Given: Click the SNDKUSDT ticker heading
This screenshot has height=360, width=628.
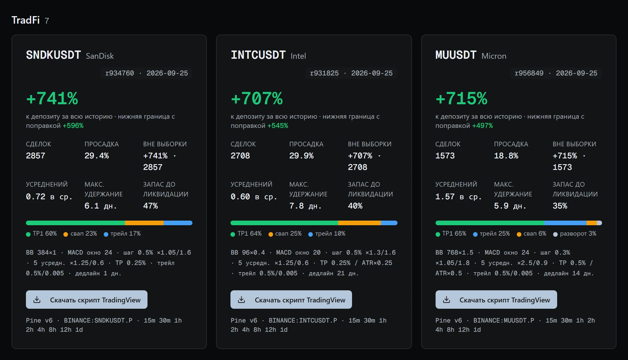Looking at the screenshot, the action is coord(53,55).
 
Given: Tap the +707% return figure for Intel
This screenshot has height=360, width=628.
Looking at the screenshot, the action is coord(257,98).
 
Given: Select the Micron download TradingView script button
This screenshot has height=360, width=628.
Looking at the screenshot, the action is coord(496,300).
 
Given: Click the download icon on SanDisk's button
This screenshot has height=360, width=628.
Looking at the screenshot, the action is coord(37,300).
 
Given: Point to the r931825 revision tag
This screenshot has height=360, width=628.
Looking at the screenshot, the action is coord(324,73).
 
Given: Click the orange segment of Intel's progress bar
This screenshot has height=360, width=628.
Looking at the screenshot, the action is coord(359,223).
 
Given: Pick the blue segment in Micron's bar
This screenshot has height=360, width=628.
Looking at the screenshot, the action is coord(565,223).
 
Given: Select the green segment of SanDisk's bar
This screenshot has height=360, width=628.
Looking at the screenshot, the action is coord(75,223).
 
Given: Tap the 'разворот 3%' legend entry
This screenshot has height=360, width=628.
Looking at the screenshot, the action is coord(575,234).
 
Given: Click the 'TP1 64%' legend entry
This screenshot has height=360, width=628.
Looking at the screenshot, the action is coord(246,234).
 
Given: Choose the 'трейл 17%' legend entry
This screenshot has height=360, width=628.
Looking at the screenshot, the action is coord(122,234).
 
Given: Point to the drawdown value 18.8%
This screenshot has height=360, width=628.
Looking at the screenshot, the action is coord(506,156).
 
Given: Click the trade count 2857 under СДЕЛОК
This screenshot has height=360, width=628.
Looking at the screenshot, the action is coord(35,156).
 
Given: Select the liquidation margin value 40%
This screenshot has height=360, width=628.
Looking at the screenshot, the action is coord(355,206).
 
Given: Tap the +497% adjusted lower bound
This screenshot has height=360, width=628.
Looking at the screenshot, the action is coord(483,126).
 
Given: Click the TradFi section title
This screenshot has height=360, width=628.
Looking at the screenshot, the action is coord(26,20).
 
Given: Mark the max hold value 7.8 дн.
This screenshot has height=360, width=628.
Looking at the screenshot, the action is coord(305,206).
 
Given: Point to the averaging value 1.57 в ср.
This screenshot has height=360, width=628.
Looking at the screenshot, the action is coord(458,197).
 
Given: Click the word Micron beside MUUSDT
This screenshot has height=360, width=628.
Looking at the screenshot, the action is coord(494,56).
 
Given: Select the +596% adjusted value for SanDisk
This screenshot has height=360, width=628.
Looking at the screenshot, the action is coord(73,126).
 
